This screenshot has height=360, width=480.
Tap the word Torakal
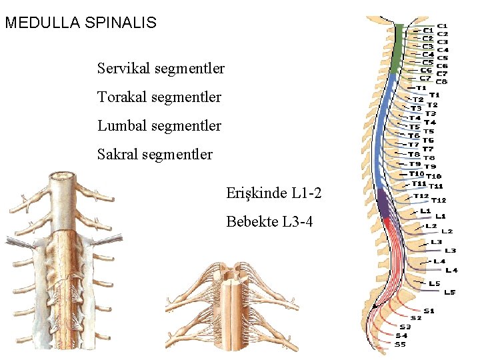122,97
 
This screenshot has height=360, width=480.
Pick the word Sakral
118,155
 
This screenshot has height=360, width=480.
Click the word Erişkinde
257,193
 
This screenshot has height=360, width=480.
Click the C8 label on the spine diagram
442,82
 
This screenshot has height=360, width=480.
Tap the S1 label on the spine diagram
429,311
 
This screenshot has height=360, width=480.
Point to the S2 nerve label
416,318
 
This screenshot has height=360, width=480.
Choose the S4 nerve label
401,336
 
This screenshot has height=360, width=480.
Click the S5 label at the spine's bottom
400,345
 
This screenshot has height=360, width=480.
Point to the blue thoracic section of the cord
382,133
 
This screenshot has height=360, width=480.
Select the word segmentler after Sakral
181,155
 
